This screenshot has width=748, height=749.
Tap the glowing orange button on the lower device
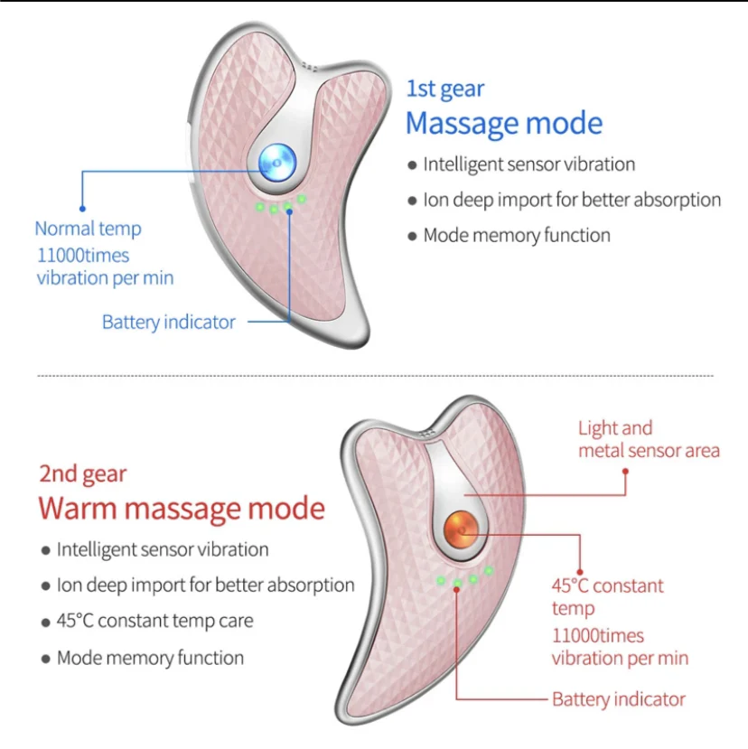click(463, 529)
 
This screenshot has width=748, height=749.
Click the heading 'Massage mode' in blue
click(503, 123)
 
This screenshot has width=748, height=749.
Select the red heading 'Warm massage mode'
click(181, 508)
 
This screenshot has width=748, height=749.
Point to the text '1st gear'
click(444, 89)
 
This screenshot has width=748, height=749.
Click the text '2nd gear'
click(82, 473)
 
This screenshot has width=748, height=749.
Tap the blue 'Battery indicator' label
click(168, 322)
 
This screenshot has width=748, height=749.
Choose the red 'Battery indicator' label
click(618, 698)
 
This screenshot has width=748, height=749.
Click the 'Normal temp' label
click(88, 229)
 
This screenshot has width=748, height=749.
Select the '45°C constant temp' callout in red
click(607, 596)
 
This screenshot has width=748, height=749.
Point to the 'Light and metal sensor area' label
click(649, 439)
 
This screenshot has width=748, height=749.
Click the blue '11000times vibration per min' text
click(105, 267)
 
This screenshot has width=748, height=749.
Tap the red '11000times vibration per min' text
click(620, 647)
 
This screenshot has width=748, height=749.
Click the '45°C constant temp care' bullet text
click(154, 621)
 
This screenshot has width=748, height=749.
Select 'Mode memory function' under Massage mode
click(517, 235)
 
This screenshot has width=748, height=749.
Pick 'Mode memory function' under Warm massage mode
click(150, 658)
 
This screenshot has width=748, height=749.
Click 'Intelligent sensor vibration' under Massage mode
click(528, 164)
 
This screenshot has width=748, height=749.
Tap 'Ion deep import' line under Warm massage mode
click(205, 585)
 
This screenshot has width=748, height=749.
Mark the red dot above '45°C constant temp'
click(575, 561)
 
